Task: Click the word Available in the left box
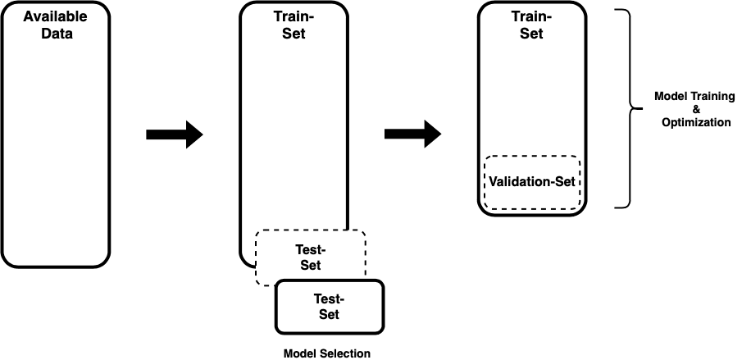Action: tap(54, 16)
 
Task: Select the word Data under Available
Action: tap(54, 34)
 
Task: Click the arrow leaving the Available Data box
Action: tap(174, 134)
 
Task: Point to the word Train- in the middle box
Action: tap(293, 16)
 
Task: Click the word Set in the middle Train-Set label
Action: tap(293, 34)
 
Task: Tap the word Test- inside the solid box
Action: tap(329, 298)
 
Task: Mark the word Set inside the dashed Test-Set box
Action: tap(310, 265)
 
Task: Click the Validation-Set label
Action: tap(533, 181)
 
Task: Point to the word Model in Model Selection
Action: tap(299, 353)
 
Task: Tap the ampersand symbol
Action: tap(696, 109)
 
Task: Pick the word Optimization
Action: tap(696, 122)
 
